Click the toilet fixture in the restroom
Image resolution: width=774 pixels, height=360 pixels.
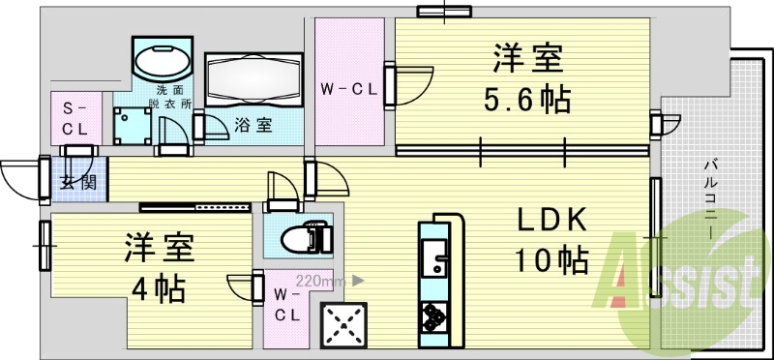click(306, 235)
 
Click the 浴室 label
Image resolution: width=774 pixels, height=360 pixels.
click(253, 124)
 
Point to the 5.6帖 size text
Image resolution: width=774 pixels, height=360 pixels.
click(526, 99)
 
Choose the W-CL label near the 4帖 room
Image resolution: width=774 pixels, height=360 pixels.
click(285, 305)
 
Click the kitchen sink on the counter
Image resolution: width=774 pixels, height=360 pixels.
click(432, 259)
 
